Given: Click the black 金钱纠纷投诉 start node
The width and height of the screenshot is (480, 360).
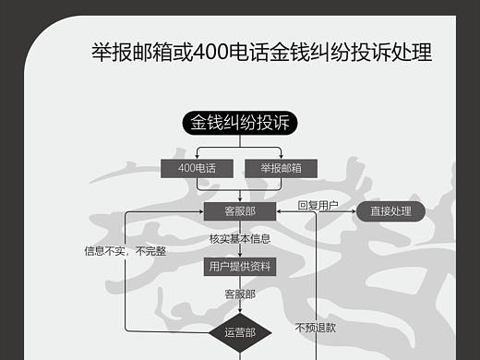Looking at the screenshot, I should pos(240,123).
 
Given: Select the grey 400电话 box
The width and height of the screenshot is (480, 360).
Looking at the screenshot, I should pos(197,168).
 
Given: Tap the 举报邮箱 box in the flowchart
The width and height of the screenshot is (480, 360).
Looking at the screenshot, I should pos(282,168).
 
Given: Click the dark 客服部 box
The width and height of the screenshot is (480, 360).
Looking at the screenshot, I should pos(240,211).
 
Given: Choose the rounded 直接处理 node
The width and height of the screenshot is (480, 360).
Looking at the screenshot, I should pos(390,211).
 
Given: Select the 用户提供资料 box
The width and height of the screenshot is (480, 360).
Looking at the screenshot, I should pos(240,266).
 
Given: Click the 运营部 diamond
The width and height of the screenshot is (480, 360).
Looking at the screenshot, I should pos(240,330).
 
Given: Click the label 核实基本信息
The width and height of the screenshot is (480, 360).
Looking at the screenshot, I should pos(240,239).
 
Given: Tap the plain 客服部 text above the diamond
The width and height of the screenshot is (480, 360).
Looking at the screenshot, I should pos(240,294).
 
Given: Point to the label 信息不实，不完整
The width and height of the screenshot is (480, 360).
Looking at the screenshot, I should pos(126,250).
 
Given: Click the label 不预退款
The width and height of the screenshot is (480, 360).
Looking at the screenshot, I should pos(316,327).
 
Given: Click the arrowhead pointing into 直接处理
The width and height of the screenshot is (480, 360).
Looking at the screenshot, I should pos(354,211).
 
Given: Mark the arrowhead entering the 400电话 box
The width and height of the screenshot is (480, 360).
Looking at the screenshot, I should pos(197,156).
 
